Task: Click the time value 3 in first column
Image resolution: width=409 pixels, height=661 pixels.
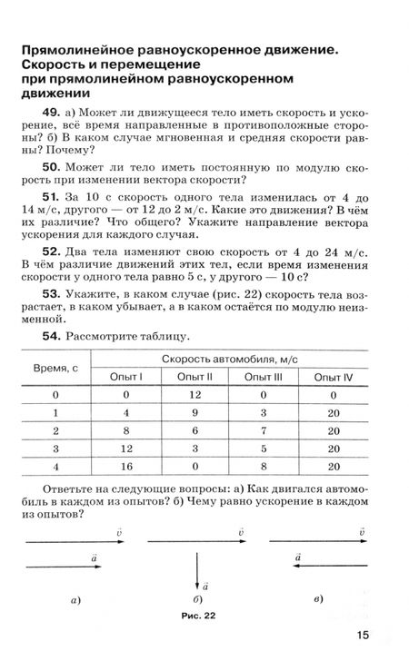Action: click(x=55, y=449)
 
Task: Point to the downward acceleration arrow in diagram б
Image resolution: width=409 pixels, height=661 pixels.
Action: click(x=195, y=569)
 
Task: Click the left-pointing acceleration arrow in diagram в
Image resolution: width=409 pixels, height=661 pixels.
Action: click(x=327, y=563)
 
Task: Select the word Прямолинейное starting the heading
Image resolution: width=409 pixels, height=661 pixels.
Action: click(x=80, y=53)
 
